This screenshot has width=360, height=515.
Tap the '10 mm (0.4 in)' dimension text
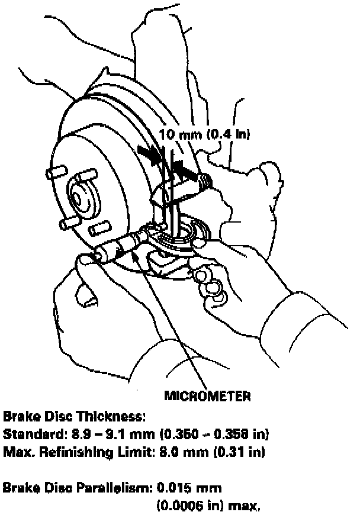205,134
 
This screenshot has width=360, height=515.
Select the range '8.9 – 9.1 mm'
95,435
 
